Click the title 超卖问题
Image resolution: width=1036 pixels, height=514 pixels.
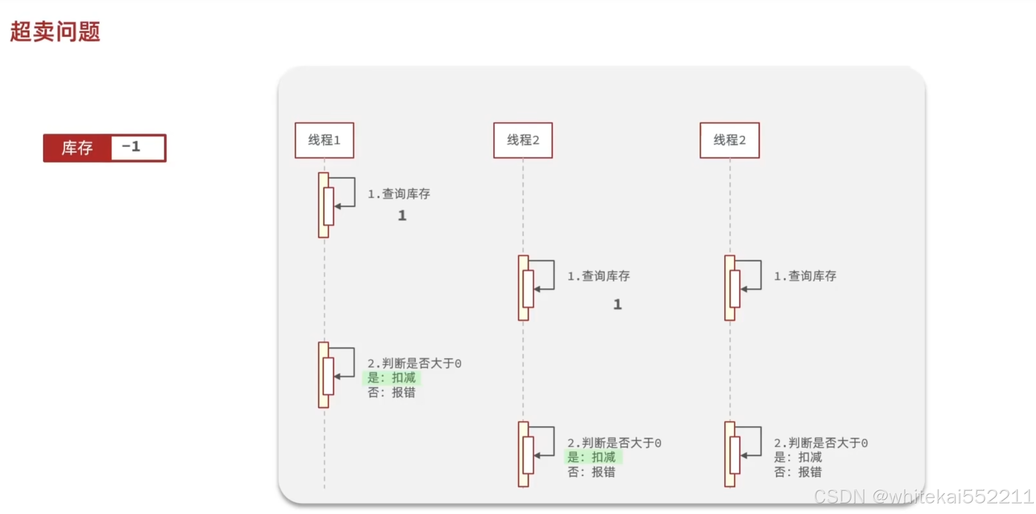[x=55, y=32]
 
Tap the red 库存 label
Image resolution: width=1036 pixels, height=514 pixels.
[x=77, y=148]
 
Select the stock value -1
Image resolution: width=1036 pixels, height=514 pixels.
[x=131, y=146]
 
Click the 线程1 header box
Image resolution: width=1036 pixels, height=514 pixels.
[x=324, y=140]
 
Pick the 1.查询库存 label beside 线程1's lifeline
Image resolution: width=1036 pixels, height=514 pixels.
[x=399, y=194]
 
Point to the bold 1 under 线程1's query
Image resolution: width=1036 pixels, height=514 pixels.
[x=402, y=215]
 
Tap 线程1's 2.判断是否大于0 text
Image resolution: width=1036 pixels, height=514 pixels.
[x=414, y=363]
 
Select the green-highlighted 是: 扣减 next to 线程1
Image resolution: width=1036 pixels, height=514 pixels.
[x=391, y=378]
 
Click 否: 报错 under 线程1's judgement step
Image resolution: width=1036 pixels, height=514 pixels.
[x=391, y=392]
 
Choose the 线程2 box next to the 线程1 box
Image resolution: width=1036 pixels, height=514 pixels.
[x=523, y=140]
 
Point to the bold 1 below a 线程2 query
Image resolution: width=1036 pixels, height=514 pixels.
[x=617, y=304]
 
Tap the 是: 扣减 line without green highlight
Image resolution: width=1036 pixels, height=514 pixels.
[x=798, y=457]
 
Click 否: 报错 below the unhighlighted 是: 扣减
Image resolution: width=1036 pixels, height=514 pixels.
[x=798, y=472]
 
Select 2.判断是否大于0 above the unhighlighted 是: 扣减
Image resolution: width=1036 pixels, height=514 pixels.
[x=821, y=443]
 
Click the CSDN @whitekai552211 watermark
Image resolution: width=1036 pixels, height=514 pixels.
[x=923, y=497]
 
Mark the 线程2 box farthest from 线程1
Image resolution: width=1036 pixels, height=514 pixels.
[x=729, y=140]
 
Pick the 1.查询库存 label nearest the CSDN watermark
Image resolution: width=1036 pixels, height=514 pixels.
[x=805, y=276]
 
